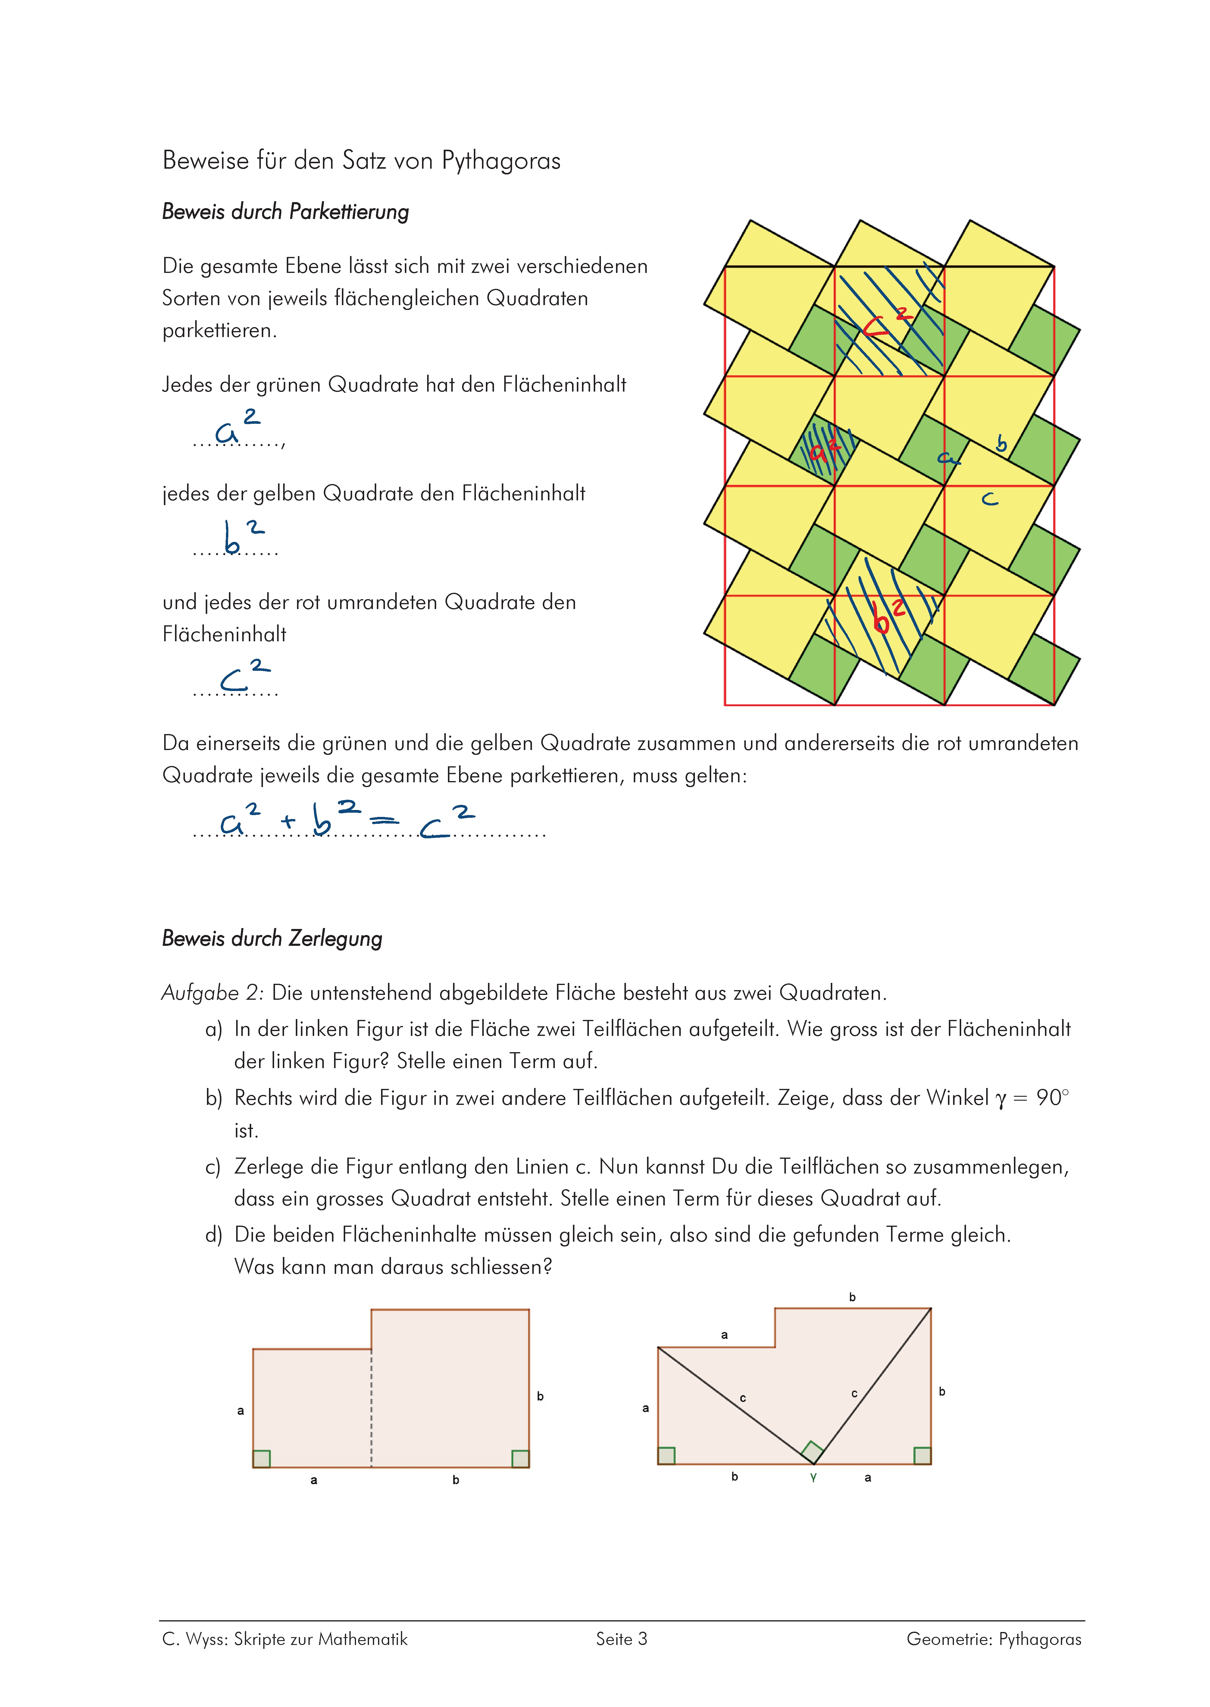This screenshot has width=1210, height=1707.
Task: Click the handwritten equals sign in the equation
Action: point(384,822)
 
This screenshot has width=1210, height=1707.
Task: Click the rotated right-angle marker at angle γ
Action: point(811,1452)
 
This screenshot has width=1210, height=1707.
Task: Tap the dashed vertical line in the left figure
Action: point(371,1408)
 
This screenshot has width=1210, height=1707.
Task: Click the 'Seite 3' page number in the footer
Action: point(621,1639)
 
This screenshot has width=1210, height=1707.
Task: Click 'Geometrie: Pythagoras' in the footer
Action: point(993,1639)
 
